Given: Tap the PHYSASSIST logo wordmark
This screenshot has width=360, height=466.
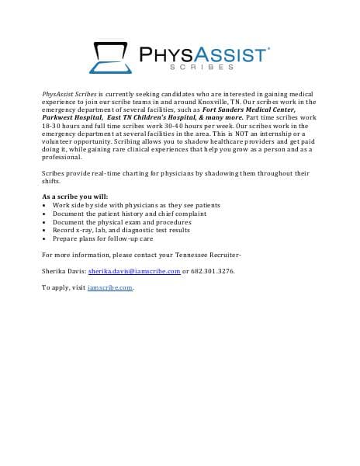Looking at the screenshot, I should point(204,54).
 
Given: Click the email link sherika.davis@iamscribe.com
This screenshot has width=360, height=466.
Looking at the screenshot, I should point(133,271).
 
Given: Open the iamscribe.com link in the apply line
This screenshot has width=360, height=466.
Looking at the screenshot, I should point(110,287).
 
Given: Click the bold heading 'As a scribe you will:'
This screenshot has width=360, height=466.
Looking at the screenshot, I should point(75,196).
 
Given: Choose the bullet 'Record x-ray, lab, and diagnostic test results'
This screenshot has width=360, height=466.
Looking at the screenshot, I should point(121,230).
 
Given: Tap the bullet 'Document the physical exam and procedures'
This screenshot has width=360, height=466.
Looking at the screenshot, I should point(116,221).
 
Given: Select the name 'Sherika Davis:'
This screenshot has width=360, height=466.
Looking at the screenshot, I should point(64,271).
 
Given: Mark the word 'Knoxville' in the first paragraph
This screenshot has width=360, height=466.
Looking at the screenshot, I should point(206,102).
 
